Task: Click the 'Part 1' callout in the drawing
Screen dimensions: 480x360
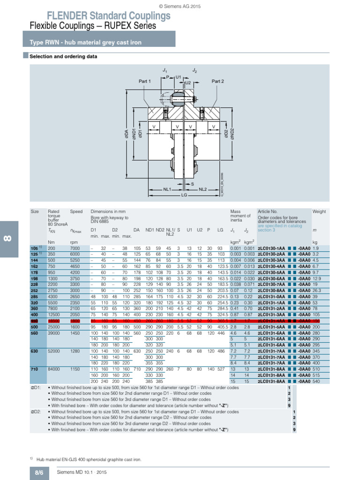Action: pyautogui.click(x=145, y=81)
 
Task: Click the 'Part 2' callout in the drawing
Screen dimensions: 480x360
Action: pyautogui.click(x=217, y=81)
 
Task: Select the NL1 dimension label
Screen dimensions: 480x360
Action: pyautogui.click(x=166, y=189)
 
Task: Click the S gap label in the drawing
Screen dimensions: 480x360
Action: pyautogui.click(x=192, y=184)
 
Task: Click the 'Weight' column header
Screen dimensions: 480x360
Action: pyautogui.click(x=319, y=211)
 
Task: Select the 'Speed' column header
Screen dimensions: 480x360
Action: pyautogui.click(x=76, y=211)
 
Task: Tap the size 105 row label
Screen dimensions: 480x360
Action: pyautogui.click(x=34, y=248)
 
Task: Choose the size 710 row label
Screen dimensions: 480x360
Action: pyautogui.click(x=34, y=369)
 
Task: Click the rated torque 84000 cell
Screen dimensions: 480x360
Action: pyautogui.click(x=55, y=369)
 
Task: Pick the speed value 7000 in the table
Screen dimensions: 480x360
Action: pyautogui.click(x=75, y=248)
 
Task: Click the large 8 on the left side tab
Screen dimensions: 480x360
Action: pyautogui.click(x=8, y=239)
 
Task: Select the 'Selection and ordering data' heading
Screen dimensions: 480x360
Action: pyautogui.click(x=63, y=57)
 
